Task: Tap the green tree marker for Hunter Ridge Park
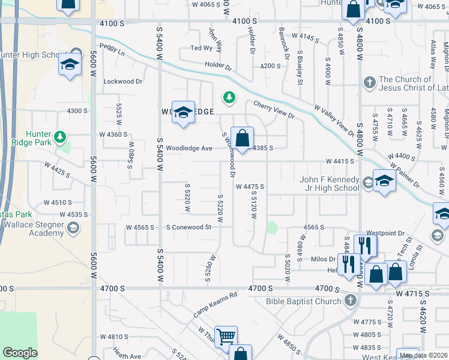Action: click(x=59, y=137)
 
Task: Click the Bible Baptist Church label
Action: click(x=303, y=301)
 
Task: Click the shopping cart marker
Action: click(x=226, y=338)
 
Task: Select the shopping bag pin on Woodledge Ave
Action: click(x=242, y=140)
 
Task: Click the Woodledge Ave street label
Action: click(x=189, y=148)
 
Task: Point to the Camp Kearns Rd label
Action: click(x=215, y=305)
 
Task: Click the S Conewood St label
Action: click(x=189, y=227)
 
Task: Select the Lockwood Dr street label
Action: click(x=123, y=81)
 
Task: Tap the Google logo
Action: click(x=20, y=353)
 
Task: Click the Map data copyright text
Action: click(x=423, y=355)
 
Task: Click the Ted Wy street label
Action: click(x=202, y=48)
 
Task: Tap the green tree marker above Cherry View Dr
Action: click(x=228, y=97)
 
